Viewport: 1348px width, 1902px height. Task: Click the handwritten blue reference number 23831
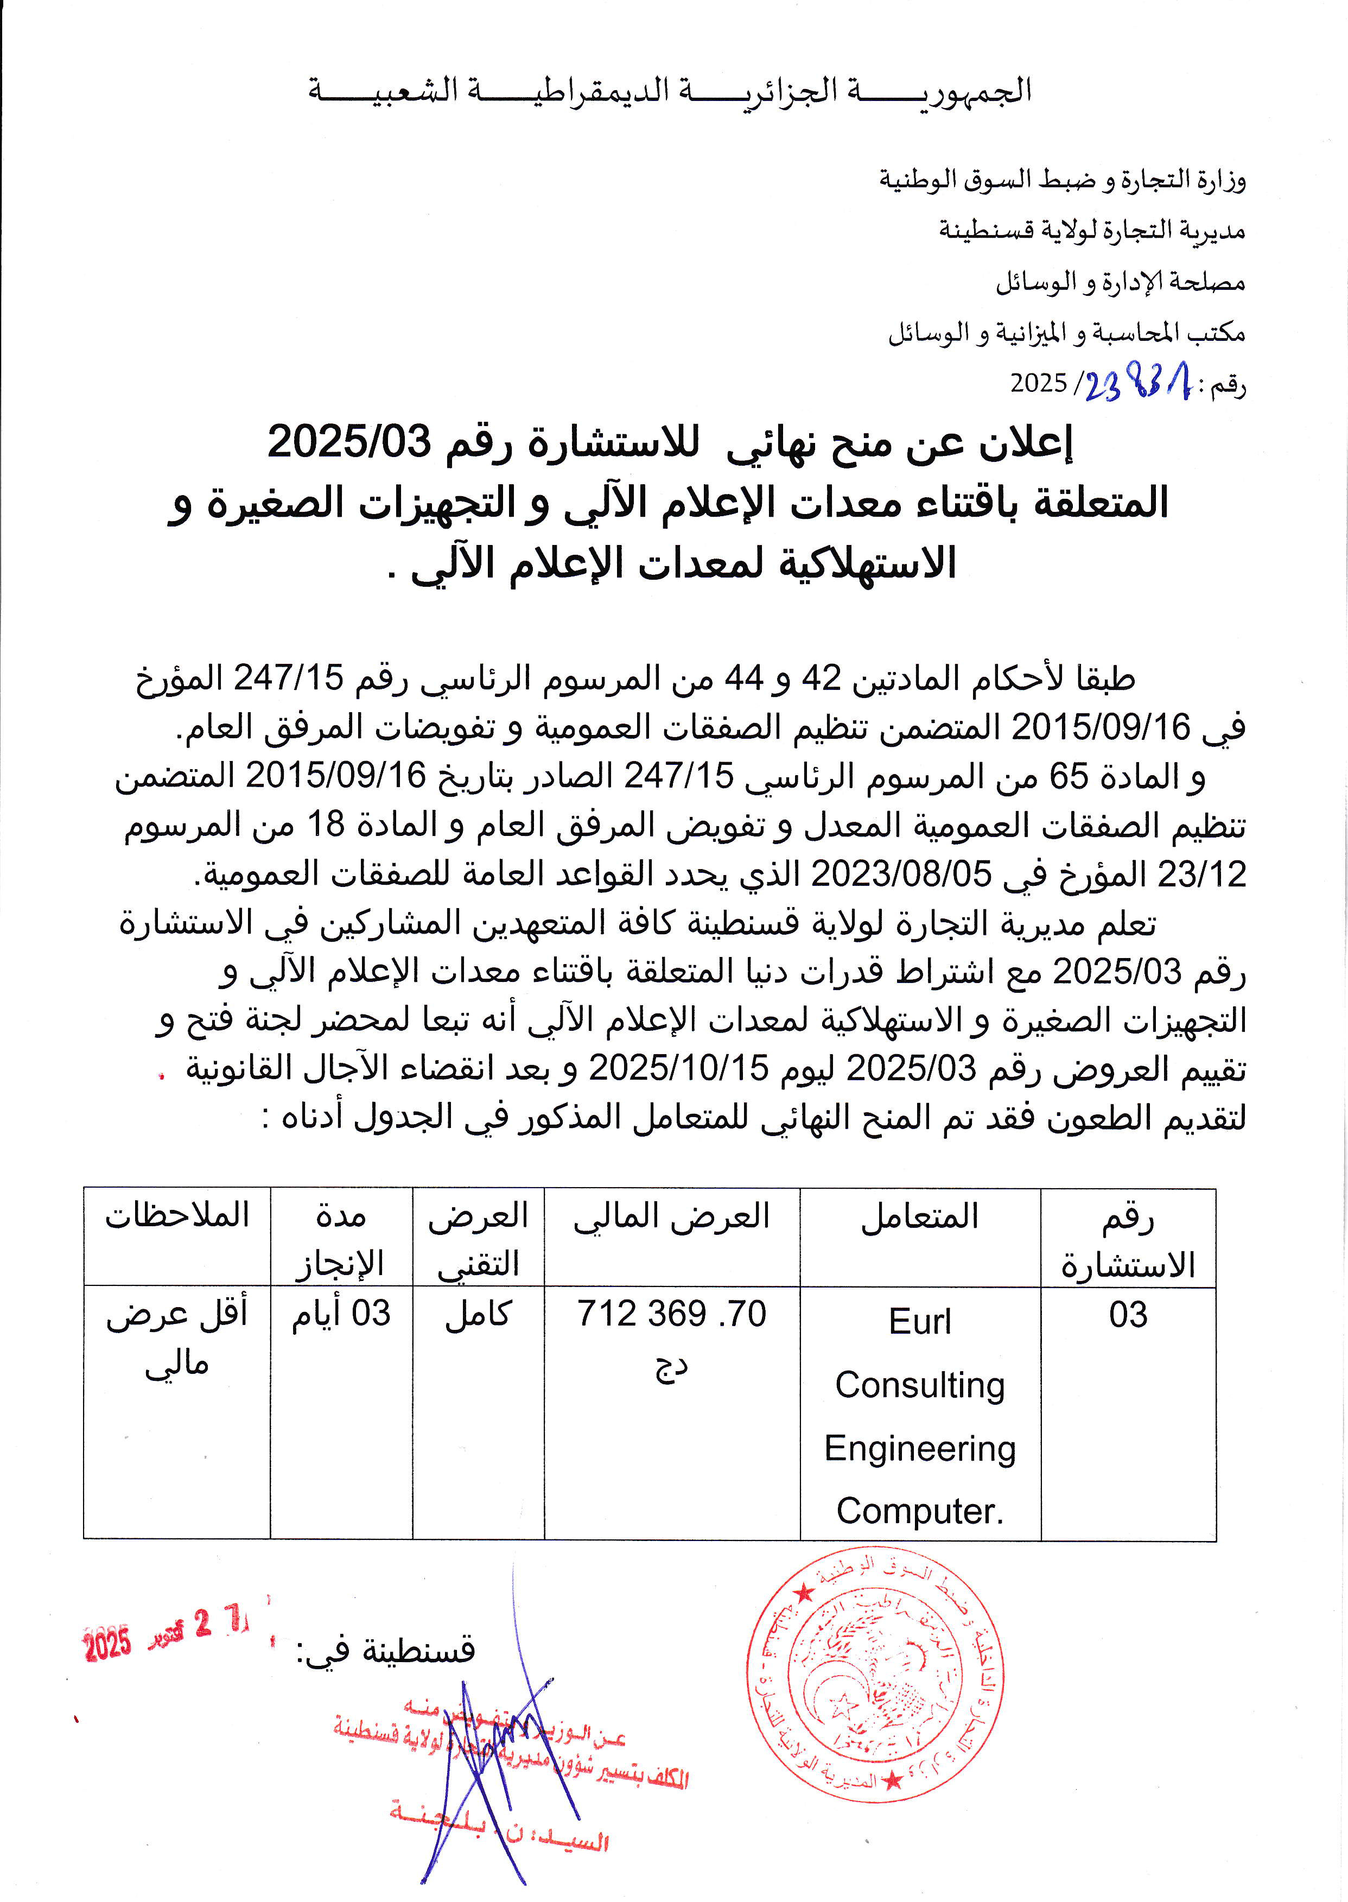tap(1136, 384)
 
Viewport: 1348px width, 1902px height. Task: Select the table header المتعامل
tap(920, 1217)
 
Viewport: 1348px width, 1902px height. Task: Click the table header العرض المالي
tap(671, 1216)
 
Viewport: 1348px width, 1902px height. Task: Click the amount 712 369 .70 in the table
tap(671, 1314)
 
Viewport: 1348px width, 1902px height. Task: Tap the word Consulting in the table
tap(920, 1385)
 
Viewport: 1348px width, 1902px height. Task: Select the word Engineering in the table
tap(920, 1449)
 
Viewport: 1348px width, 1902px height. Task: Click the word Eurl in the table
tap(920, 1322)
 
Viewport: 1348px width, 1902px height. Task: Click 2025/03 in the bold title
tap(349, 442)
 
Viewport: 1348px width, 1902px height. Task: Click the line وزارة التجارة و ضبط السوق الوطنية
tap(1063, 179)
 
